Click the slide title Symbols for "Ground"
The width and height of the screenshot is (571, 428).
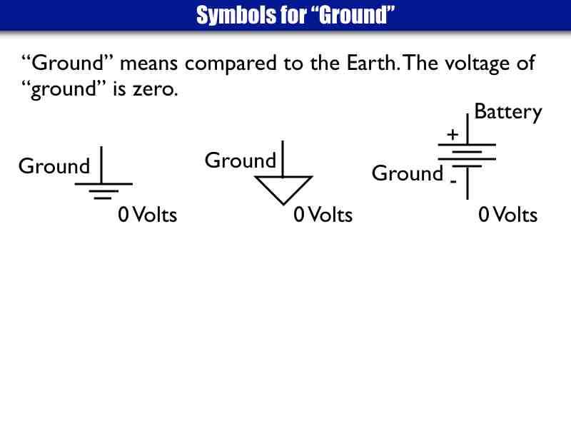coord(295,15)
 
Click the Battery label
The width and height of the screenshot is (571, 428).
coord(508,112)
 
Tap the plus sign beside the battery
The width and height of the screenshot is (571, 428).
coord(453,134)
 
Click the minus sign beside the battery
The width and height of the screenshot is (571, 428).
coord(453,182)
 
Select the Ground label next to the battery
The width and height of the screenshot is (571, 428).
coord(408,173)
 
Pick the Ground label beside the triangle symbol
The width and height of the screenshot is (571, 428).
coord(240,160)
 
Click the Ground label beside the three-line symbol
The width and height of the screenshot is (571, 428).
coord(54,166)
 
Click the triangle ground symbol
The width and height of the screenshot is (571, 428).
coord(283,188)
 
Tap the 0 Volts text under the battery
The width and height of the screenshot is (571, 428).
coord(507,214)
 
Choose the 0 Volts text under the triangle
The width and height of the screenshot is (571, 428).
coord(323,214)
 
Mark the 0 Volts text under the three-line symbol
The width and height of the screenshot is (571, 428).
coord(147,214)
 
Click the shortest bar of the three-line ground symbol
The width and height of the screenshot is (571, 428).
coord(103,198)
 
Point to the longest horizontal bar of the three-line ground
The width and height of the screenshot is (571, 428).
coord(103,184)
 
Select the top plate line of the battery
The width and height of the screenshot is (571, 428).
coord(467,144)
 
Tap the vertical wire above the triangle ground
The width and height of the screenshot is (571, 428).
coord(283,158)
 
